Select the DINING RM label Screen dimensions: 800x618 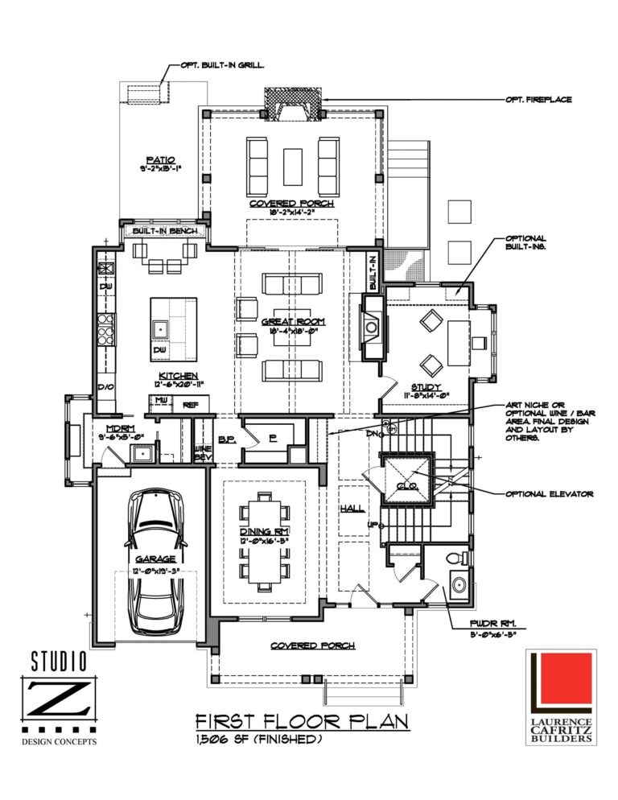265,532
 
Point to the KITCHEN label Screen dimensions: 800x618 179,375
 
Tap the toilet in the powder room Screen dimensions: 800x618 459,558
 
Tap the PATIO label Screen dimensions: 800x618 161,159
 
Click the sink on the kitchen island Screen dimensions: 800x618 160,328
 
